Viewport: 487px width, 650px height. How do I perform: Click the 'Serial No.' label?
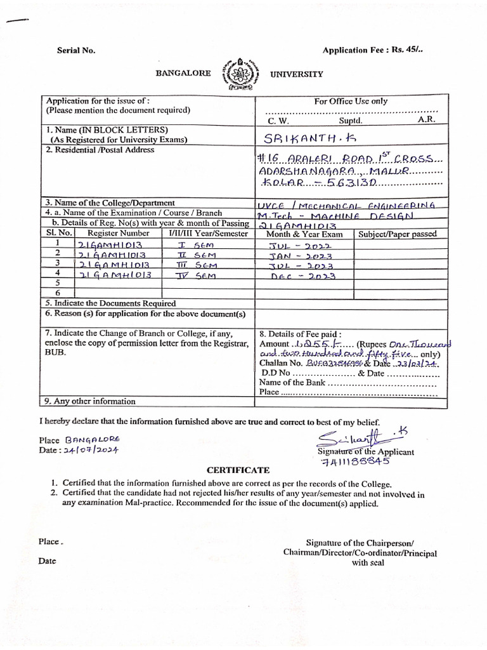click(x=76, y=51)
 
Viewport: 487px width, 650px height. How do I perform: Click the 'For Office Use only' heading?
click(x=351, y=101)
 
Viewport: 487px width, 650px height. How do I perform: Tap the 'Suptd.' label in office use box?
click(x=350, y=120)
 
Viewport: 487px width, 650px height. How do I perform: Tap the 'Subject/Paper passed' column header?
click(x=397, y=234)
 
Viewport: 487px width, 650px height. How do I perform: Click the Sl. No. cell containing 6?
click(x=57, y=293)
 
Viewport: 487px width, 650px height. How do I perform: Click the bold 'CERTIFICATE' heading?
click(x=238, y=470)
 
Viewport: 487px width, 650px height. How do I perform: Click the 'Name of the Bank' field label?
click(x=292, y=382)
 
